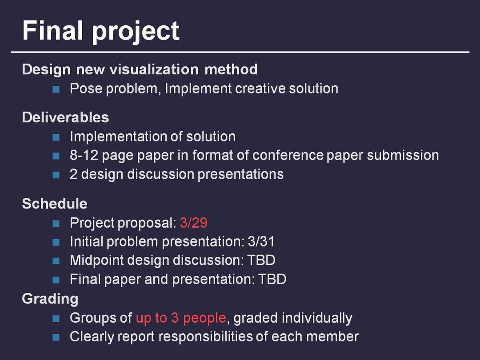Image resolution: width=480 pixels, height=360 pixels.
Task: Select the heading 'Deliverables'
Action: click(65, 117)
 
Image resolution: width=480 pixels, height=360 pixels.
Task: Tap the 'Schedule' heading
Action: click(55, 204)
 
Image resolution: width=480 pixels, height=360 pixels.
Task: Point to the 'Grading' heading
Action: click(50, 299)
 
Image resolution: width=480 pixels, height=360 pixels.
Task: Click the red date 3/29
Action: click(194, 223)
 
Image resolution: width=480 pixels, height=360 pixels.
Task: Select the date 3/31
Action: click(261, 241)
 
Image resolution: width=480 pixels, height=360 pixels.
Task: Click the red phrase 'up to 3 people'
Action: click(181, 318)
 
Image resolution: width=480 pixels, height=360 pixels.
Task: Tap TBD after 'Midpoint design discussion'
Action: click(261, 260)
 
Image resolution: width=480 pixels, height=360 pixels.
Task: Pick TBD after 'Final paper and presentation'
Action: click(272, 279)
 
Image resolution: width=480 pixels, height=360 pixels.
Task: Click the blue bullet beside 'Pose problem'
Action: click(56, 89)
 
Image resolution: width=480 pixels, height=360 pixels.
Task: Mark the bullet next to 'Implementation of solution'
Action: click(56, 137)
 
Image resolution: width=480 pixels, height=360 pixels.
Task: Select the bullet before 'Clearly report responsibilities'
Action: click(56, 337)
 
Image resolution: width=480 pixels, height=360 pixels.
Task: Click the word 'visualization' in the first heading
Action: click(154, 69)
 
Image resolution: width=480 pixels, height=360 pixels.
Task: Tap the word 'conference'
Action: click(288, 155)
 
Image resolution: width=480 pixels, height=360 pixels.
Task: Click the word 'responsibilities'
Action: click(205, 337)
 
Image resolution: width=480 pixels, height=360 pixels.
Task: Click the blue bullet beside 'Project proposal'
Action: click(56, 224)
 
